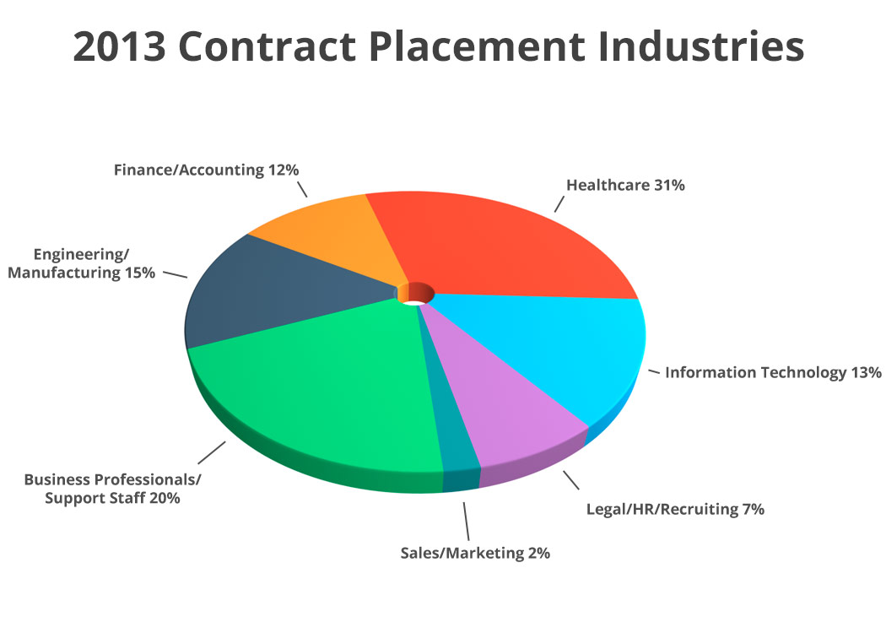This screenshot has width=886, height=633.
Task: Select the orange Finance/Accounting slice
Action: click(338, 236)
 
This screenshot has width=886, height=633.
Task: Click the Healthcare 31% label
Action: click(624, 186)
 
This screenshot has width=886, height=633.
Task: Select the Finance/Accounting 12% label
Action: click(207, 170)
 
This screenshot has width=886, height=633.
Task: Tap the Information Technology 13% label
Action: click(773, 372)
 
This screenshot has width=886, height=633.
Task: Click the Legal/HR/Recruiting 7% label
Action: click(675, 509)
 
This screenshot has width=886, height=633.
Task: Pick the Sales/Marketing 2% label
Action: click(475, 554)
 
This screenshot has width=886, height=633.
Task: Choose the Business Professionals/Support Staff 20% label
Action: click(112, 489)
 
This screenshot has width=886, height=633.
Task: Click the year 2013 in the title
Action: click(119, 47)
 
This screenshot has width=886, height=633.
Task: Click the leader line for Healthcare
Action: click(558, 203)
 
